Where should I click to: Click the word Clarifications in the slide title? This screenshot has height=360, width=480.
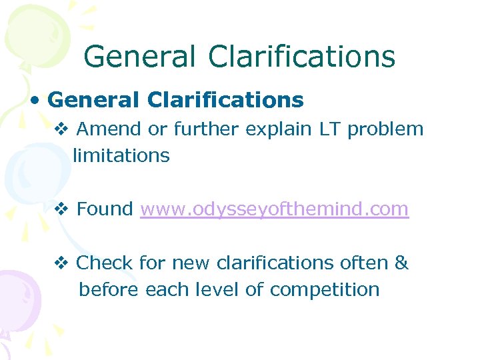pos(302,57)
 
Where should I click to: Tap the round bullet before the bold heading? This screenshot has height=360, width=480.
pos(36,101)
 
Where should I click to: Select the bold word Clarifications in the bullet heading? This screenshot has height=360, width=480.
pos(225,100)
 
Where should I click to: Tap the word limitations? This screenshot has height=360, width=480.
pos(121,156)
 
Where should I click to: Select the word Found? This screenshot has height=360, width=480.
pos(105,209)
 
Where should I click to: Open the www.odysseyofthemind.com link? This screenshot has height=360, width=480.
pos(274,209)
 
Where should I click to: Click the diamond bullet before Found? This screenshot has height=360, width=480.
pos(61,209)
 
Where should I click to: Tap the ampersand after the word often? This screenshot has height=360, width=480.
pos(401,263)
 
